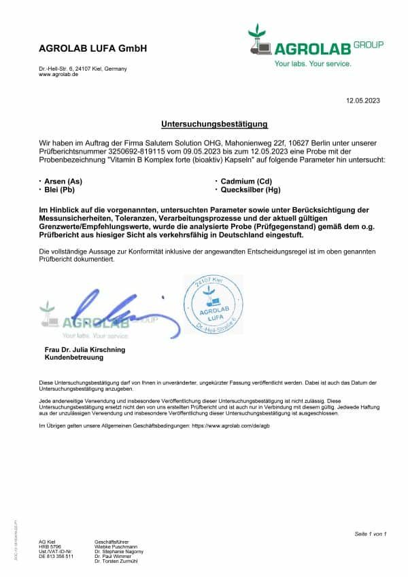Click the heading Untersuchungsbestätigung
214,124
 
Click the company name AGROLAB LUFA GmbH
92,49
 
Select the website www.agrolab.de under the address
58,74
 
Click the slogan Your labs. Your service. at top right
313,63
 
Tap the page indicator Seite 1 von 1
371,534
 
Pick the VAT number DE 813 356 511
55,556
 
